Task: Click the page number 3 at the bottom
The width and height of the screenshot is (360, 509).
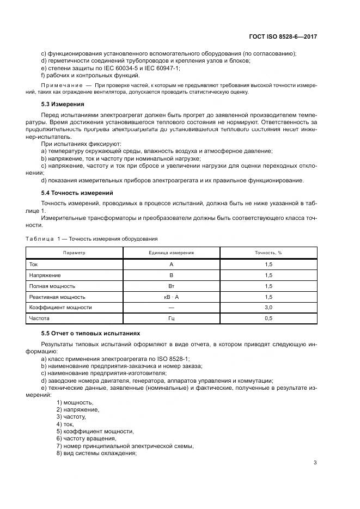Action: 315,463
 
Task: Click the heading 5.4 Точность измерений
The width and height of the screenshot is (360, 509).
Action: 77,192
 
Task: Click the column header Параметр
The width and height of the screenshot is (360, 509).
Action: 74,253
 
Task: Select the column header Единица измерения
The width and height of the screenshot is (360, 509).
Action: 171,253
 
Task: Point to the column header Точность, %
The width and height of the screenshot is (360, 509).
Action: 268,253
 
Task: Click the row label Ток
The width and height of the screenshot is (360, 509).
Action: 34,265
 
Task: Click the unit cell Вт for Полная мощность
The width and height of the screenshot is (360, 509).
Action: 171,286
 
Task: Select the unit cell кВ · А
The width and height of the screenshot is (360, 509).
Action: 171,297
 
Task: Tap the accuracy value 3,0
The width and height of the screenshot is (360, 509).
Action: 268,308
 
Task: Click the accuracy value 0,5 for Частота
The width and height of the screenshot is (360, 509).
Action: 268,318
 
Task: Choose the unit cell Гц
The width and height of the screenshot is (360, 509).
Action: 171,318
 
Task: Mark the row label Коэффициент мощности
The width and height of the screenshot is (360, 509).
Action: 60,308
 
